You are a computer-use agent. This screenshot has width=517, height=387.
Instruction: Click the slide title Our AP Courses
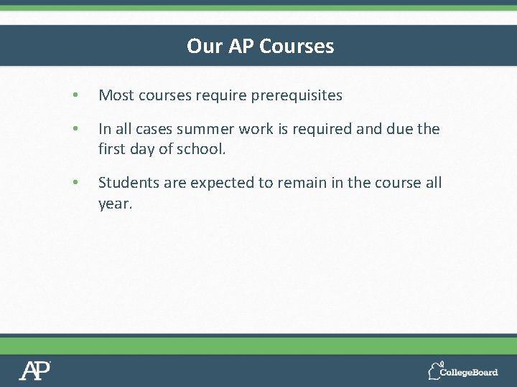click(x=260, y=46)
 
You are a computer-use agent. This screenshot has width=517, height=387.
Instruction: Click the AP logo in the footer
click(x=34, y=371)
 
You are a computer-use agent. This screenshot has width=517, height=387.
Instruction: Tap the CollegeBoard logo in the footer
click(x=463, y=371)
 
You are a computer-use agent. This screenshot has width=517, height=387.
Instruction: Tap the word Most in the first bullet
click(x=113, y=95)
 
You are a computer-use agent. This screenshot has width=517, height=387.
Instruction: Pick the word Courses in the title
click(x=297, y=46)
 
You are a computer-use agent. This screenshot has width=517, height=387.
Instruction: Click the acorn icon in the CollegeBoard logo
click(x=435, y=371)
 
